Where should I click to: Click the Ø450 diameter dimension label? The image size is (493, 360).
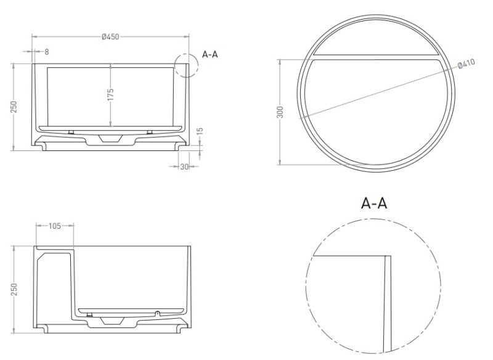coord(110,37)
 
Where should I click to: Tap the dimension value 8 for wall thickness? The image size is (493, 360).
coord(47,52)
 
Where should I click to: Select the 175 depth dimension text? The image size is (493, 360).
coord(110,95)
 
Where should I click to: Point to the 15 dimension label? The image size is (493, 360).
coord(200,131)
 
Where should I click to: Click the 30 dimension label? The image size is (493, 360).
coord(184,166)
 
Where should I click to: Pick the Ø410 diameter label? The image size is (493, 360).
coord(467,64)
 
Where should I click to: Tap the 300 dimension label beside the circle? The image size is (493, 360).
coord(280,112)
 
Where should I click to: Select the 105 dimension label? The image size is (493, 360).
coord(55,226)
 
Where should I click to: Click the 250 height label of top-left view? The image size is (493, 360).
coord(14,107)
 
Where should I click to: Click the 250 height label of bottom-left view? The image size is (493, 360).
coord(14,289)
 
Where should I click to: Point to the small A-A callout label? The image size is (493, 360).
coord(210,54)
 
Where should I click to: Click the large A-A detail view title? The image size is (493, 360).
coord(374,203)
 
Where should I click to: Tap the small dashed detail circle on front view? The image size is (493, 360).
coord(187,65)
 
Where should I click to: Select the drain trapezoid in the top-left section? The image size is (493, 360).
coord(110,138)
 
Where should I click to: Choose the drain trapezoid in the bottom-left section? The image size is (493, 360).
coord(112,321)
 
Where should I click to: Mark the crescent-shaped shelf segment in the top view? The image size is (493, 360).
coord(376,38)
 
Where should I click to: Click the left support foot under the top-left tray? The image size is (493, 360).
coord(71,132)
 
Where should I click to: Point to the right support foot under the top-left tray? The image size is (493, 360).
coord(150,132)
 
